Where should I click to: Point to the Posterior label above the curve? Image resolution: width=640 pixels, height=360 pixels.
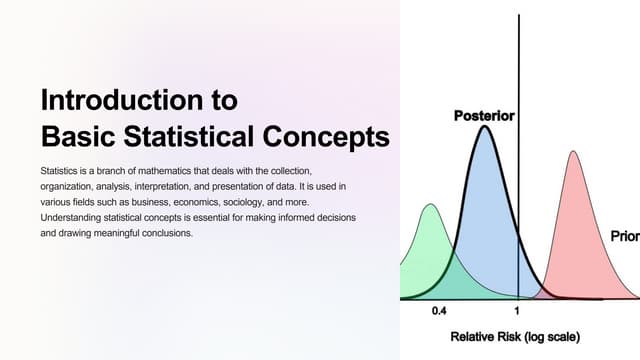pos(484,116)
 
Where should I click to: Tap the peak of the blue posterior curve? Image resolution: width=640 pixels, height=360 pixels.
pos(485,127)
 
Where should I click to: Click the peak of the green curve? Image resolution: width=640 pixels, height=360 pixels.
pos(430,206)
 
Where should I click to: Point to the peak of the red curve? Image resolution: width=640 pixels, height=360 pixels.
pos(573,153)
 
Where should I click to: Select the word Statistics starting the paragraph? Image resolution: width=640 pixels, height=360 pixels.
pos(63,172)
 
